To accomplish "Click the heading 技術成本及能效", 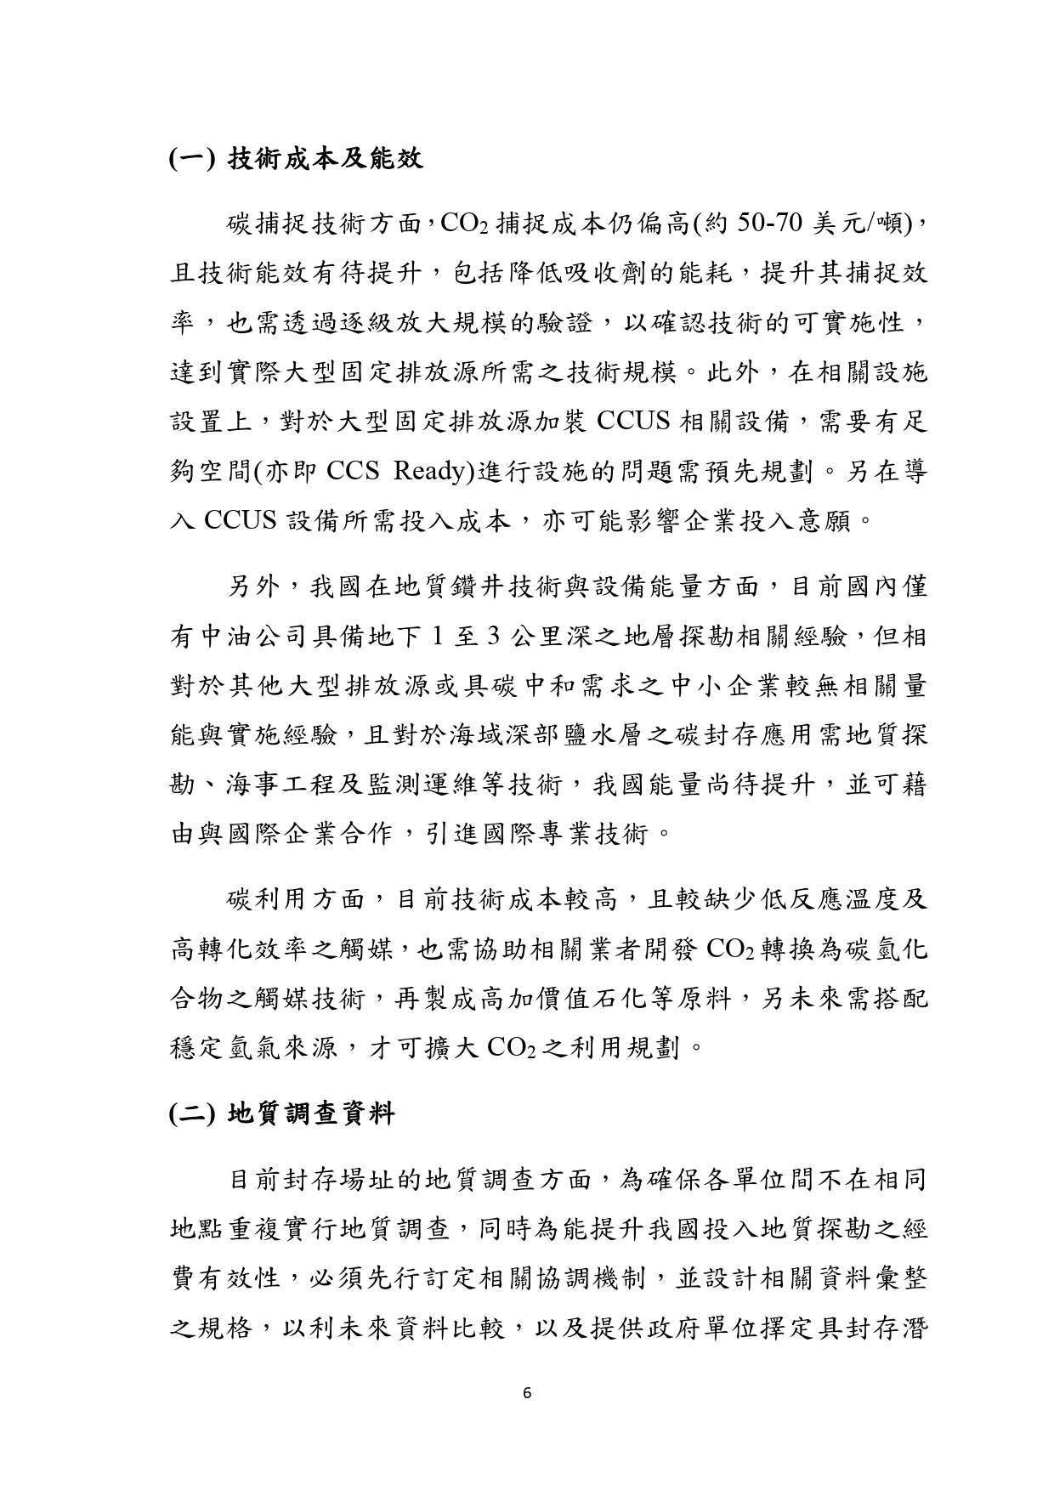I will click(326, 160).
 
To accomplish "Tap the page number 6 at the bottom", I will click(528, 1393).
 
